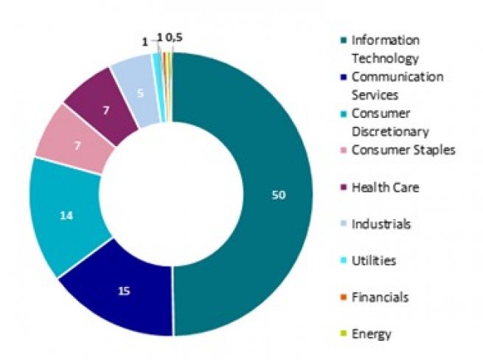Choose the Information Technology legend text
[385, 49]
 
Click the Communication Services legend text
[397, 86]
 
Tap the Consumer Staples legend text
[403, 150]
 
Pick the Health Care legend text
[385, 187]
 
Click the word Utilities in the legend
[375, 260]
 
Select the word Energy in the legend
[372, 333]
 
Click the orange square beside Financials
[344, 297]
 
